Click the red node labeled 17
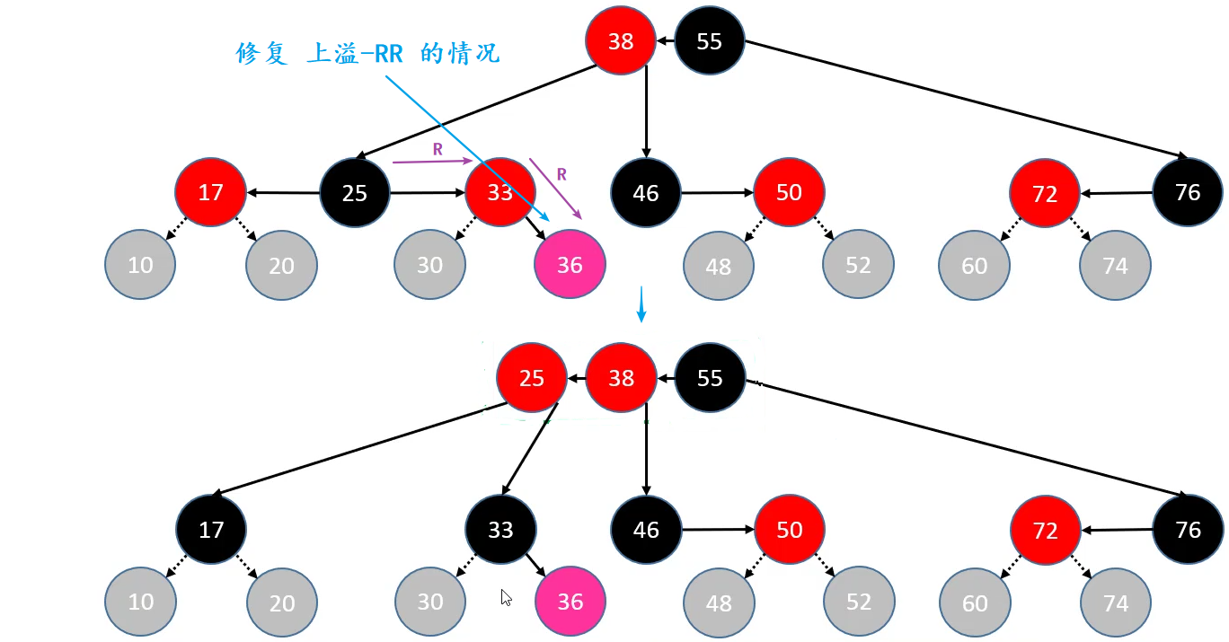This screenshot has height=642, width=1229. coord(210,192)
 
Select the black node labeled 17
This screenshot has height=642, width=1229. coord(211,530)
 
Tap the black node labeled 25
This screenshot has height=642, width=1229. coord(355,193)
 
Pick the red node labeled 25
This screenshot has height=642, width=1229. coord(532,378)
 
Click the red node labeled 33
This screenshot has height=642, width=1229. coord(500,192)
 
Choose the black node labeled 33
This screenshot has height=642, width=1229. coord(500,530)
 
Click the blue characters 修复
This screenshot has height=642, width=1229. coord(261,54)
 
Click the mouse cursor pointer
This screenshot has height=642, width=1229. coord(506,597)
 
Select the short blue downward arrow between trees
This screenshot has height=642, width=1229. coord(641,304)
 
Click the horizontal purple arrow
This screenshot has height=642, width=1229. coord(432,163)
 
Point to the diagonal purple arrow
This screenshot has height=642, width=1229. coord(555,189)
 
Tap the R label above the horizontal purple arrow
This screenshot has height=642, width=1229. coord(438,150)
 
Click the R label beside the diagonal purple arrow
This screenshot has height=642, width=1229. coord(561,173)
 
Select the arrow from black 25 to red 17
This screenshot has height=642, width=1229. coord(283,192)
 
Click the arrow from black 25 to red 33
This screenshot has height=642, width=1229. coord(428,192)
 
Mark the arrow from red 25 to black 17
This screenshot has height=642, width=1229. coord(350,449)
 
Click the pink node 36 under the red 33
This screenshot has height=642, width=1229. coord(570,265)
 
